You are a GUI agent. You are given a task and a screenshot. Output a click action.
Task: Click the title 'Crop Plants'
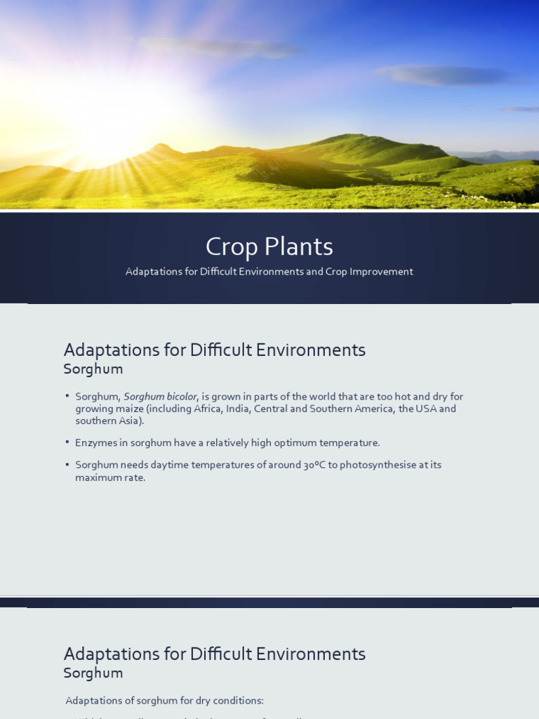269,247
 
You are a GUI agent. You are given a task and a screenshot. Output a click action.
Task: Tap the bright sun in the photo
112,133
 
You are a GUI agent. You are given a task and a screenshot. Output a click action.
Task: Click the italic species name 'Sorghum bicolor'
161,397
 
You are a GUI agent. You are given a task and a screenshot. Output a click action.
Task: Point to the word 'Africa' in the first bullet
204,409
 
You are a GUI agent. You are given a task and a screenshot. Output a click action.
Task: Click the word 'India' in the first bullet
237,409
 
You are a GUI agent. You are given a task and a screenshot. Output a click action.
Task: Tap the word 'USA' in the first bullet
426,409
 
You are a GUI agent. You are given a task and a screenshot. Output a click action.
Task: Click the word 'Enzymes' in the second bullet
95,443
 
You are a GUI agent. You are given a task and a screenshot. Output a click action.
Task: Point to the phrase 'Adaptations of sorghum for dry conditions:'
164,701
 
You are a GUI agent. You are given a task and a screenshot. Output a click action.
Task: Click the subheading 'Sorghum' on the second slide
93,369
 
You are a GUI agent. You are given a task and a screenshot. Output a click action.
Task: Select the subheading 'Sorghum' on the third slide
93,673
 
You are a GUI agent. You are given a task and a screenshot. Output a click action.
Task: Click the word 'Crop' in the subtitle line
336,272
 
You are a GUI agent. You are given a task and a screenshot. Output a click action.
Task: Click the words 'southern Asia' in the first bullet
108,421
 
